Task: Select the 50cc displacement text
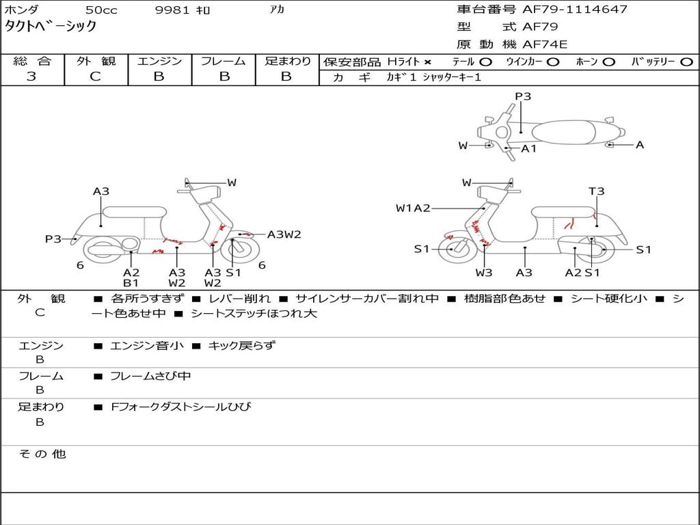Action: tap(100, 10)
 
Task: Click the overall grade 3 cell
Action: tap(31, 77)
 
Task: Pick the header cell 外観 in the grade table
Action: tap(96, 61)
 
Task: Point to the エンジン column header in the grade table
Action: tap(159, 61)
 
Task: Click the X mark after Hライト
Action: tap(427, 62)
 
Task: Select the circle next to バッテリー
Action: tap(687, 62)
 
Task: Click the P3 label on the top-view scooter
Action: tap(523, 96)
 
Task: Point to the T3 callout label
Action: tap(597, 191)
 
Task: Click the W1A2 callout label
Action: tap(413, 208)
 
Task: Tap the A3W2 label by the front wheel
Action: tap(284, 234)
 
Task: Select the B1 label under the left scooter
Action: tap(131, 283)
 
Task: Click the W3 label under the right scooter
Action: tap(484, 273)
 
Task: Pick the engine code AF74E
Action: tap(545, 44)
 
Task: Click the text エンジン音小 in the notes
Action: tap(147, 346)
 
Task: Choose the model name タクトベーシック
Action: tap(51, 27)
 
